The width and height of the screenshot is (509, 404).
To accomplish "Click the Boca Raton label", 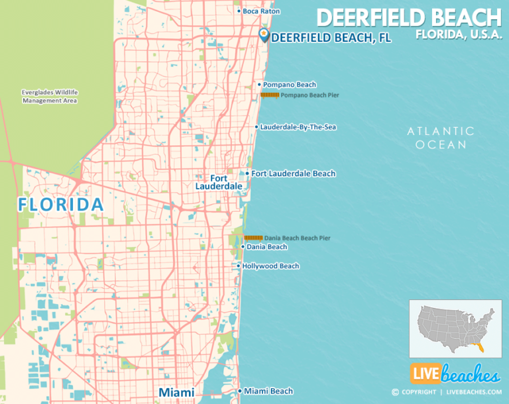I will tap(261, 11).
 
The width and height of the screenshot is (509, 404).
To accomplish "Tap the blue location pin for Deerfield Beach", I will tap(264, 35).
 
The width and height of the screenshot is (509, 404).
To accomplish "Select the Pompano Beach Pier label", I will tap(310, 95).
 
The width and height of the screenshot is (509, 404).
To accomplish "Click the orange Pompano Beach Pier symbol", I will tap(269, 95).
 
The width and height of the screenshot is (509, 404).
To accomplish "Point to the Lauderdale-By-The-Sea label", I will tap(298, 126).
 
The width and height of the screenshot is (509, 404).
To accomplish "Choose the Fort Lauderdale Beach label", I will tap(293, 174).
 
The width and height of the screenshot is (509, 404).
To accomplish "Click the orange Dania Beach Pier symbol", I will tap(253, 237).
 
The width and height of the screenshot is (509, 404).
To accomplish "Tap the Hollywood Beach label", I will tap(270, 266).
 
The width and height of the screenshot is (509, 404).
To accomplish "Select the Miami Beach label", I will tap(268, 391).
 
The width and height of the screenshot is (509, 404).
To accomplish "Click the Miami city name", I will tap(176, 393).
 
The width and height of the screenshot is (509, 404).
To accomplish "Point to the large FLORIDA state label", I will tap(61, 205).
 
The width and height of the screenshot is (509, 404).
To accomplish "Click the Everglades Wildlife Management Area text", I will tap(50, 97).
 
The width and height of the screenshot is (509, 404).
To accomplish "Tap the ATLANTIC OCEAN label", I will tap(441, 138).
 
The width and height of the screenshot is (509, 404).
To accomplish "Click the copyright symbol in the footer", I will tap(396, 392).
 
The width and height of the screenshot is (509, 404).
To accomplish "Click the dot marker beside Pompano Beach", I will tap(259, 85).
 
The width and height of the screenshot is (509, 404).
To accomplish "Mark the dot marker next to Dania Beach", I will tap(243, 247).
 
